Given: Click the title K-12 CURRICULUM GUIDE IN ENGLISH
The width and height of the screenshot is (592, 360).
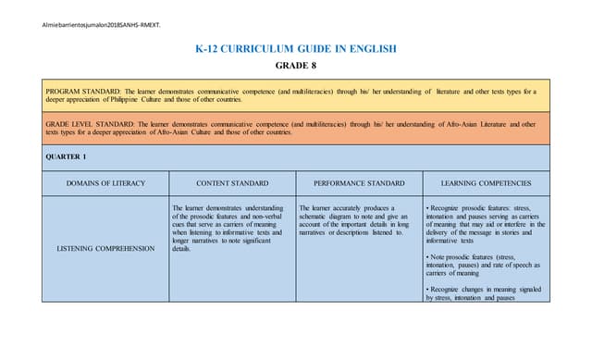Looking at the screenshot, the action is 295,47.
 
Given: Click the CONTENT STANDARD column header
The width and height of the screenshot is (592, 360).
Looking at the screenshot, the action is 232,183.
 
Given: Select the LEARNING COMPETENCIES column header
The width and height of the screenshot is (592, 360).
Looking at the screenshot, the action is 486,183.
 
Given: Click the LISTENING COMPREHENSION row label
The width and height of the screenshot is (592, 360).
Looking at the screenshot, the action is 105,249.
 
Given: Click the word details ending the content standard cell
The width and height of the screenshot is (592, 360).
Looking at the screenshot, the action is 181,249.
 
